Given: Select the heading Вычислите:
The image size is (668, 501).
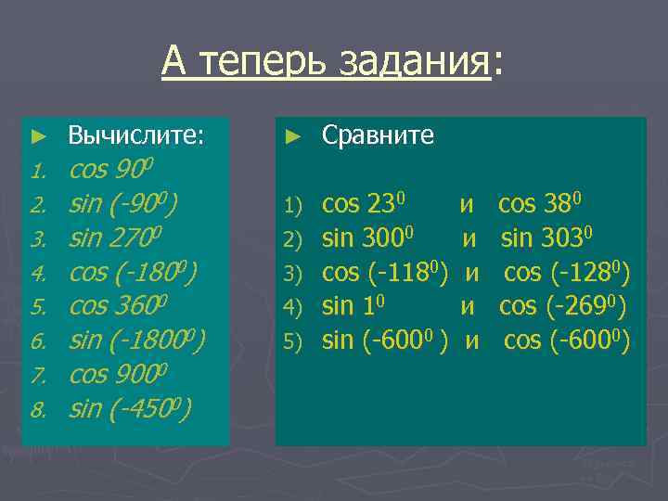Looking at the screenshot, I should [135, 136].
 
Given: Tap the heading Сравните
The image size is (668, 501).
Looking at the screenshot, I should [378, 135].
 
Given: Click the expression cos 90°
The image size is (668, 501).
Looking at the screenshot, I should [111, 171].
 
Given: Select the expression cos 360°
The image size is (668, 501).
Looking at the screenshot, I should [118, 307].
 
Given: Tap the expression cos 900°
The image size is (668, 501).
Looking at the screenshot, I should [118, 375].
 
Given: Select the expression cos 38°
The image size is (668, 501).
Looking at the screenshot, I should [540, 204].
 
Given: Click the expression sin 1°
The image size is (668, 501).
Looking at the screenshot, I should [353, 306].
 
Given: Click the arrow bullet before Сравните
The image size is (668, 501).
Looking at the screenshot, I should [293, 136].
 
